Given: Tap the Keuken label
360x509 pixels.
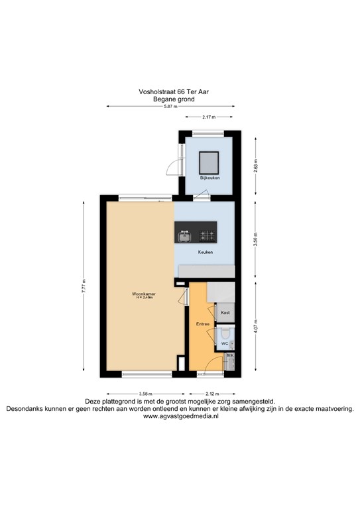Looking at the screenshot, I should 206,252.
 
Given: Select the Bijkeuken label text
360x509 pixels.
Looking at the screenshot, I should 210,178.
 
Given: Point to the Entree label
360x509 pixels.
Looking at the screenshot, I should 202,324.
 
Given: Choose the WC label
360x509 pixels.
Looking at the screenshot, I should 224,343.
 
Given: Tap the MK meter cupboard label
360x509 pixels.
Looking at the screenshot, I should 230,356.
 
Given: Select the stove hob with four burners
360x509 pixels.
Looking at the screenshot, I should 206,235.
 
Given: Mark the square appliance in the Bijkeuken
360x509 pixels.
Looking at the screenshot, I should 210,160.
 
